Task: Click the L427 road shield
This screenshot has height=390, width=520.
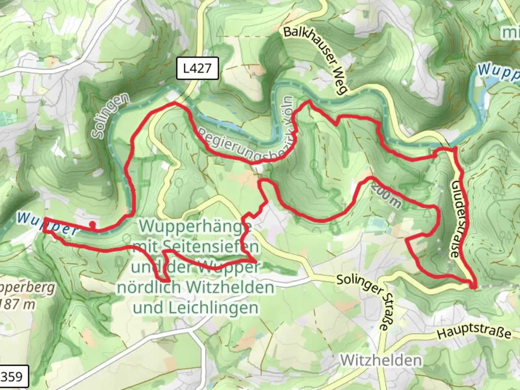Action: click(197, 68)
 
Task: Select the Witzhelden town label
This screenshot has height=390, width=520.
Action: click(381, 360)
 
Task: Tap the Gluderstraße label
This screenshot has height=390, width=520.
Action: click(456, 219)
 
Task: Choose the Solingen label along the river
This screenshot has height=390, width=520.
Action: click(110, 116)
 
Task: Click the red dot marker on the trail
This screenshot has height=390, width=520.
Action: click(92, 224)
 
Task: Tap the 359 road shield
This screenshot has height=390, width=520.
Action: click(13, 377)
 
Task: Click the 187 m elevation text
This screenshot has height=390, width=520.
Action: click(18, 304)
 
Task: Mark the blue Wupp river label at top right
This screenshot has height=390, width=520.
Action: click(498, 71)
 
